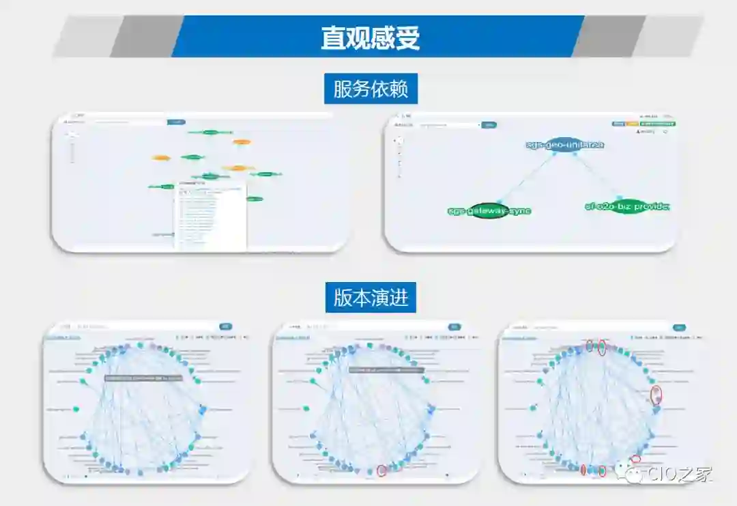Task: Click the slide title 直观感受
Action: (371, 38)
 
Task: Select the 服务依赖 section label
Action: (371, 89)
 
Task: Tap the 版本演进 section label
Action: (371, 298)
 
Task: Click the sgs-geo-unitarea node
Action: (565, 145)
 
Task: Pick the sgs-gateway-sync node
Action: (489, 211)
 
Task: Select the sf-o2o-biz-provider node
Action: (627, 206)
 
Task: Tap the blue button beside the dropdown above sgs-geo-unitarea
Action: (489, 125)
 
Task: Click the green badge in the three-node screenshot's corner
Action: (658, 124)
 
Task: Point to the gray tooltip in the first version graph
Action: (143, 377)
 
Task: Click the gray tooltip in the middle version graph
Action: (386, 369)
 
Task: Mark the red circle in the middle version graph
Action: (381, 470)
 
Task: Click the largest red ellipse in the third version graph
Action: (656, 395)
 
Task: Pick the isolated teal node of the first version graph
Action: (76, 409)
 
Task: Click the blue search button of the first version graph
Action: (226, 327)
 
